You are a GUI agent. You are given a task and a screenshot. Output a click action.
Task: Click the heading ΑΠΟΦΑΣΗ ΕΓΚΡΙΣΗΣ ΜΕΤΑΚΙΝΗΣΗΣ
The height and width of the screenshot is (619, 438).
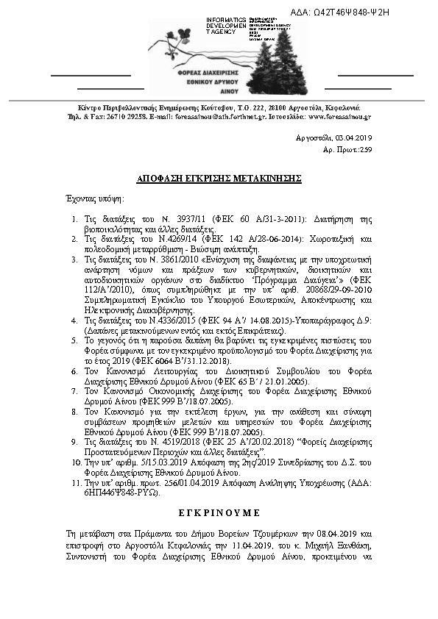pos(219,179)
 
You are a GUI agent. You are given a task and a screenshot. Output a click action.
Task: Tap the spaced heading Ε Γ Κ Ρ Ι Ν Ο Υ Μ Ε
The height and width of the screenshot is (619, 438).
pos(219,509)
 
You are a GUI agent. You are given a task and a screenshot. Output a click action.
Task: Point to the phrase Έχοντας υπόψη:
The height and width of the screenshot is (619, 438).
pos(93,198)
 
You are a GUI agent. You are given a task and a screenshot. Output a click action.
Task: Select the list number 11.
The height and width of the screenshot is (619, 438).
pos(74,484)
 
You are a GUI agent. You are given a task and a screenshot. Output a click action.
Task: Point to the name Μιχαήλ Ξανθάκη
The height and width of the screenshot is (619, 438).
pos(347,541)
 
